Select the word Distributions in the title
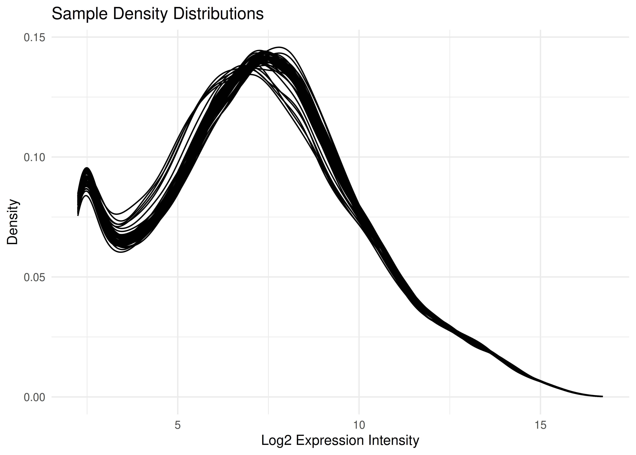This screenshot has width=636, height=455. pyautogui.click(x=218, y=14)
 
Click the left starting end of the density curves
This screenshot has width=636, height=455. pyautogui.click(x=78, y=205)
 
